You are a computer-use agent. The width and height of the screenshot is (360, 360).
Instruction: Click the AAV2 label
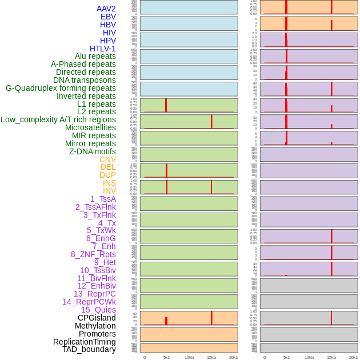[x=106, y=9]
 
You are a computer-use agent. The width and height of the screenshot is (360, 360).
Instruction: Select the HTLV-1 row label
[x=102, y=49]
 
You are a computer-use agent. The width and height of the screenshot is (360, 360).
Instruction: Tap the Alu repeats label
[x=95, y=57]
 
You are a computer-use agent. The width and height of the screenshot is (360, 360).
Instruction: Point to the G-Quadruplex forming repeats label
[x=61, y=88]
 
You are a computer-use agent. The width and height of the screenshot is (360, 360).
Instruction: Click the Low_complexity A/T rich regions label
[x=58, y=119]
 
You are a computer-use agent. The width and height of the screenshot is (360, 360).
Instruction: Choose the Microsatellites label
[x=90, y=127]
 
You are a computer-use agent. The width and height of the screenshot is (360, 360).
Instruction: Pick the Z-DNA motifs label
[x=92, y=151]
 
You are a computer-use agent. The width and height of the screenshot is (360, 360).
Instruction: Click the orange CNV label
[x=107, y=159]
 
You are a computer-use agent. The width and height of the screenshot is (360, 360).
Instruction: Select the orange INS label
[x=109, y=183]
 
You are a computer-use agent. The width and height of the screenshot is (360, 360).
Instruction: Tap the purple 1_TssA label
[x=103, y=199]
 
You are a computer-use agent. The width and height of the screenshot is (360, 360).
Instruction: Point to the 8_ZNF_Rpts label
[x=93, y=254]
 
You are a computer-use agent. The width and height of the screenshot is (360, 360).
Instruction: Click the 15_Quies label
[x=98, y=310]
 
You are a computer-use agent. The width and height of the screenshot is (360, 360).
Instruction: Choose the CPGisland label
[x=97, y=318]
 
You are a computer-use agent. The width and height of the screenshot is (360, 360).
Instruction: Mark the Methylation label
[x=95, y=326]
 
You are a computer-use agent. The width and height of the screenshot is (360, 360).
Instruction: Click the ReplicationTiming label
[x=84, y=342]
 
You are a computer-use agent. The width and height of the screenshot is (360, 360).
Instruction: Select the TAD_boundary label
[x=89, y=349]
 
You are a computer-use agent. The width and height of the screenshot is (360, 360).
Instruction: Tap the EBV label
[x=108, y=17]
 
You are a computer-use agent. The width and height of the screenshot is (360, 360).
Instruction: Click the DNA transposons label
[x=85, y=80]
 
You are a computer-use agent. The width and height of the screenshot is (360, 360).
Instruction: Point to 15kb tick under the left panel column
[x=211, y=357]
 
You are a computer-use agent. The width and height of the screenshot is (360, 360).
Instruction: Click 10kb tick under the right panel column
[x=309, y=357]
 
